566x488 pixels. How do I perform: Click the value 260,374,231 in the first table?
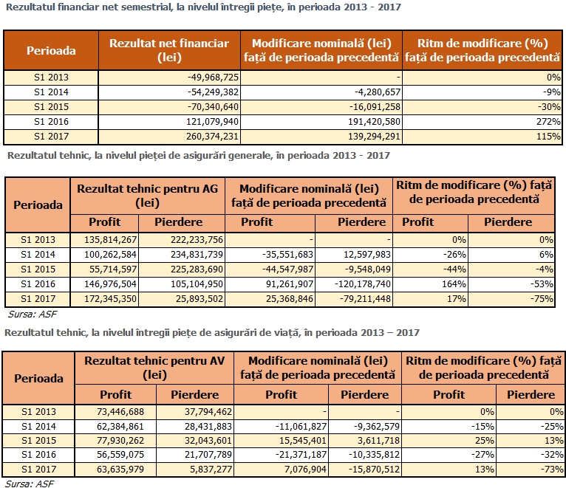(212, 137)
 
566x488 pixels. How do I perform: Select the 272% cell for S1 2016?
(548, 122)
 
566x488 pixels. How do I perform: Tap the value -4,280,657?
(378, 92)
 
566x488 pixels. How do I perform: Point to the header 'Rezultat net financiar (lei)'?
(169, 50)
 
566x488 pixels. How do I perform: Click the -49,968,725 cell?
(213, 78)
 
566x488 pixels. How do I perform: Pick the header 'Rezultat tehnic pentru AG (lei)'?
(147, 196)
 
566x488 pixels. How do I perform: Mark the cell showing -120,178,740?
(362, 283)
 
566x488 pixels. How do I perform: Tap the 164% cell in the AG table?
(454, 283)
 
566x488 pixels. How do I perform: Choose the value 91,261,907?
(290, 283)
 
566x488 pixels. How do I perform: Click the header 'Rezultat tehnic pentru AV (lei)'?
(154, 368)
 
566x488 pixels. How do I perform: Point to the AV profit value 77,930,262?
(120, 441)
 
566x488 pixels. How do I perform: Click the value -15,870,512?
(374, 470)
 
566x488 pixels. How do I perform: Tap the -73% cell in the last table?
(552, 470)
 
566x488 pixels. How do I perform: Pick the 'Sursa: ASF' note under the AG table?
(32, 315)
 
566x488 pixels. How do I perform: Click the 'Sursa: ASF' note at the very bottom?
(30, 484)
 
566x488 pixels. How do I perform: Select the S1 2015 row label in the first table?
(51, 107)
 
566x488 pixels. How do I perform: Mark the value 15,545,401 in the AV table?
(302, 441)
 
